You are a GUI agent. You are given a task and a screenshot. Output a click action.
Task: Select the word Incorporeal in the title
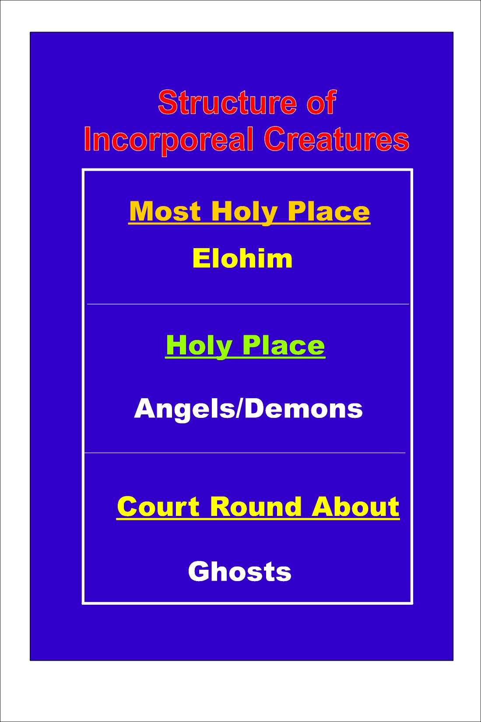[x=169, y=141]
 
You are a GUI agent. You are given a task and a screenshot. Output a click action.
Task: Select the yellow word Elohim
[x=242, y=258]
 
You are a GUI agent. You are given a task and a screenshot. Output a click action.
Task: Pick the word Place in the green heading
[x=283, y=345]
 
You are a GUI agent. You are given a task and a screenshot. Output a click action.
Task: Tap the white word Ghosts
[x=239, y=571]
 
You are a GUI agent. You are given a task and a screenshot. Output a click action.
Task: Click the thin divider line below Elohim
[x=248, y=304]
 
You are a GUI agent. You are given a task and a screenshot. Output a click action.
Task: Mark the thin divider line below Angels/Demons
[x=245, y=453]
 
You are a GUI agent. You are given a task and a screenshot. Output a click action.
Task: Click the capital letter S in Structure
[x=167, y=102]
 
